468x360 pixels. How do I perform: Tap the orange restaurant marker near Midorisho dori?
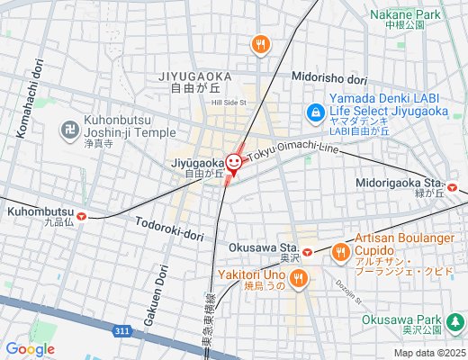click(x=260, y=43)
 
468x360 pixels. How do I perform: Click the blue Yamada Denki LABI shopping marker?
click(x=314, y=112)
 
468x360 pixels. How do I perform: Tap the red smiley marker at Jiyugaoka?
click(x=234, y=163)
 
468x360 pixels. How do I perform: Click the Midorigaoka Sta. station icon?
click(x=453, y=187)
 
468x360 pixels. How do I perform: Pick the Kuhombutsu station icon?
click(x=82, y=215)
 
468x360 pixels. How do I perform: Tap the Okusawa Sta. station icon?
click(x=306, y=251)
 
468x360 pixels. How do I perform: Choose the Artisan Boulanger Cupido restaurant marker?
click(x=340, y=253)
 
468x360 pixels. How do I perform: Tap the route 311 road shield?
click(x=122, y=333)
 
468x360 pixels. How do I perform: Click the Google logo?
click(x=30, y=348)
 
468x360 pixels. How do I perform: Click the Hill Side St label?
click(x=229, y=103)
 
